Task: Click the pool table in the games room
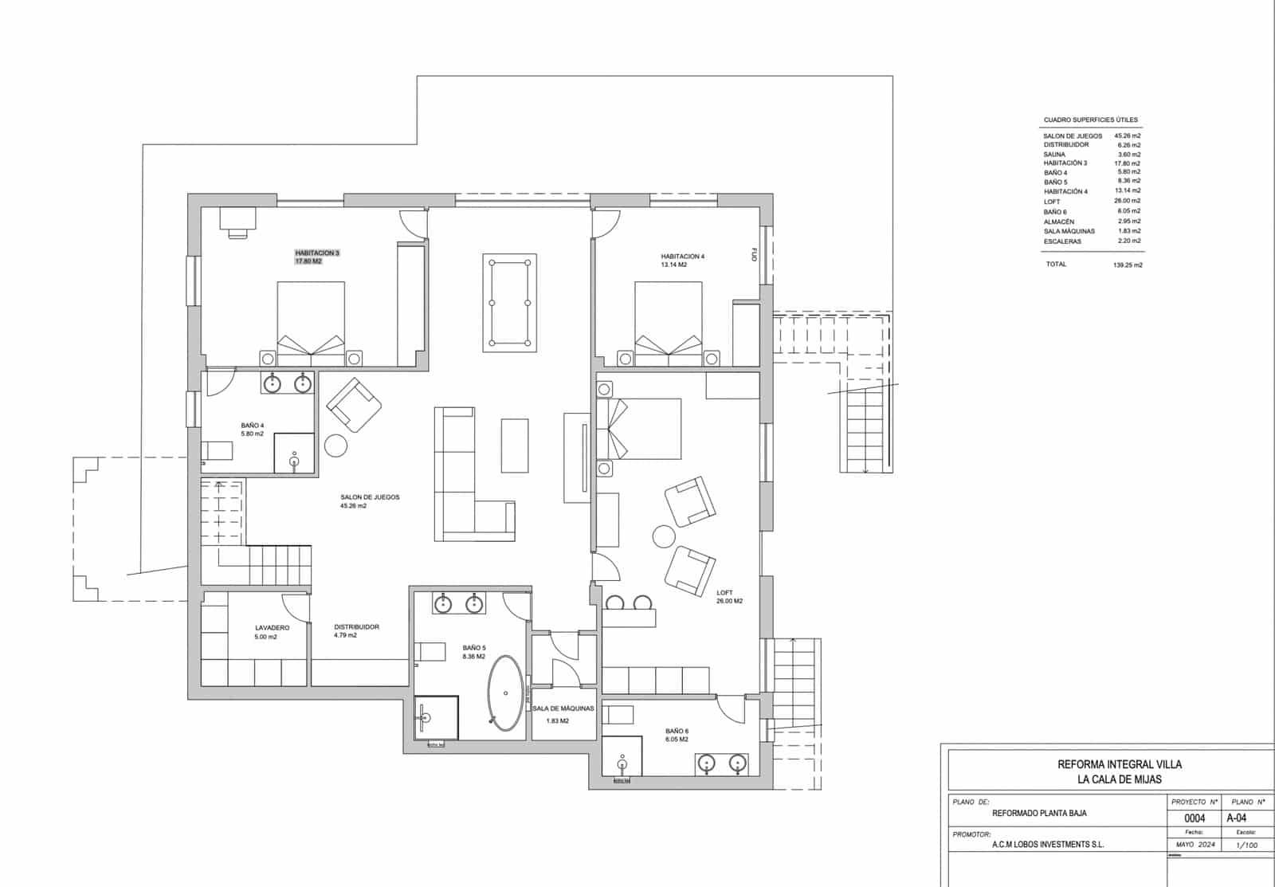pyautogui.click(x=509, y=302)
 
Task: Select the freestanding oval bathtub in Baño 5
pyautogui.click(x=507, y=693)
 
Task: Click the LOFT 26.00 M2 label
pyautogui.click(x=728, y=597)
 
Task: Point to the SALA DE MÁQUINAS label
pyautogui.click(x=563, y=708)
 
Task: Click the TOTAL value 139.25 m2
pyautogui.click(x=1128, y=265)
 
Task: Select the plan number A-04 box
pyautogui.click(x=1237, y=818)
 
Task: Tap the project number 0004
pyautogui.click(x=1195, y=818)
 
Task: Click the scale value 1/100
pyautogui.click(x=1246, y=845)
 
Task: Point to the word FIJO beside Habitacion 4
pyautogui.click(x=753, y=255)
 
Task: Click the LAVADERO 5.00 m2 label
pyautogui.click(x=272, y=632)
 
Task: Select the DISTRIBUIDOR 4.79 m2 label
pyautogui.click(x=356, y=630)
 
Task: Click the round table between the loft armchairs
pyautogui.click(x=664, y=536)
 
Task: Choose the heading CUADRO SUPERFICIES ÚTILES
pyautogui.click(x=1090, y=120)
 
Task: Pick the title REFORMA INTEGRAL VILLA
pyautogui.click(x=1119, y=764)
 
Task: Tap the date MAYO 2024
pyautogui.click(x=1195, y=845)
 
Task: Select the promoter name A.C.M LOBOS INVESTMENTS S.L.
pyautogui.click(x=1048, y=845)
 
